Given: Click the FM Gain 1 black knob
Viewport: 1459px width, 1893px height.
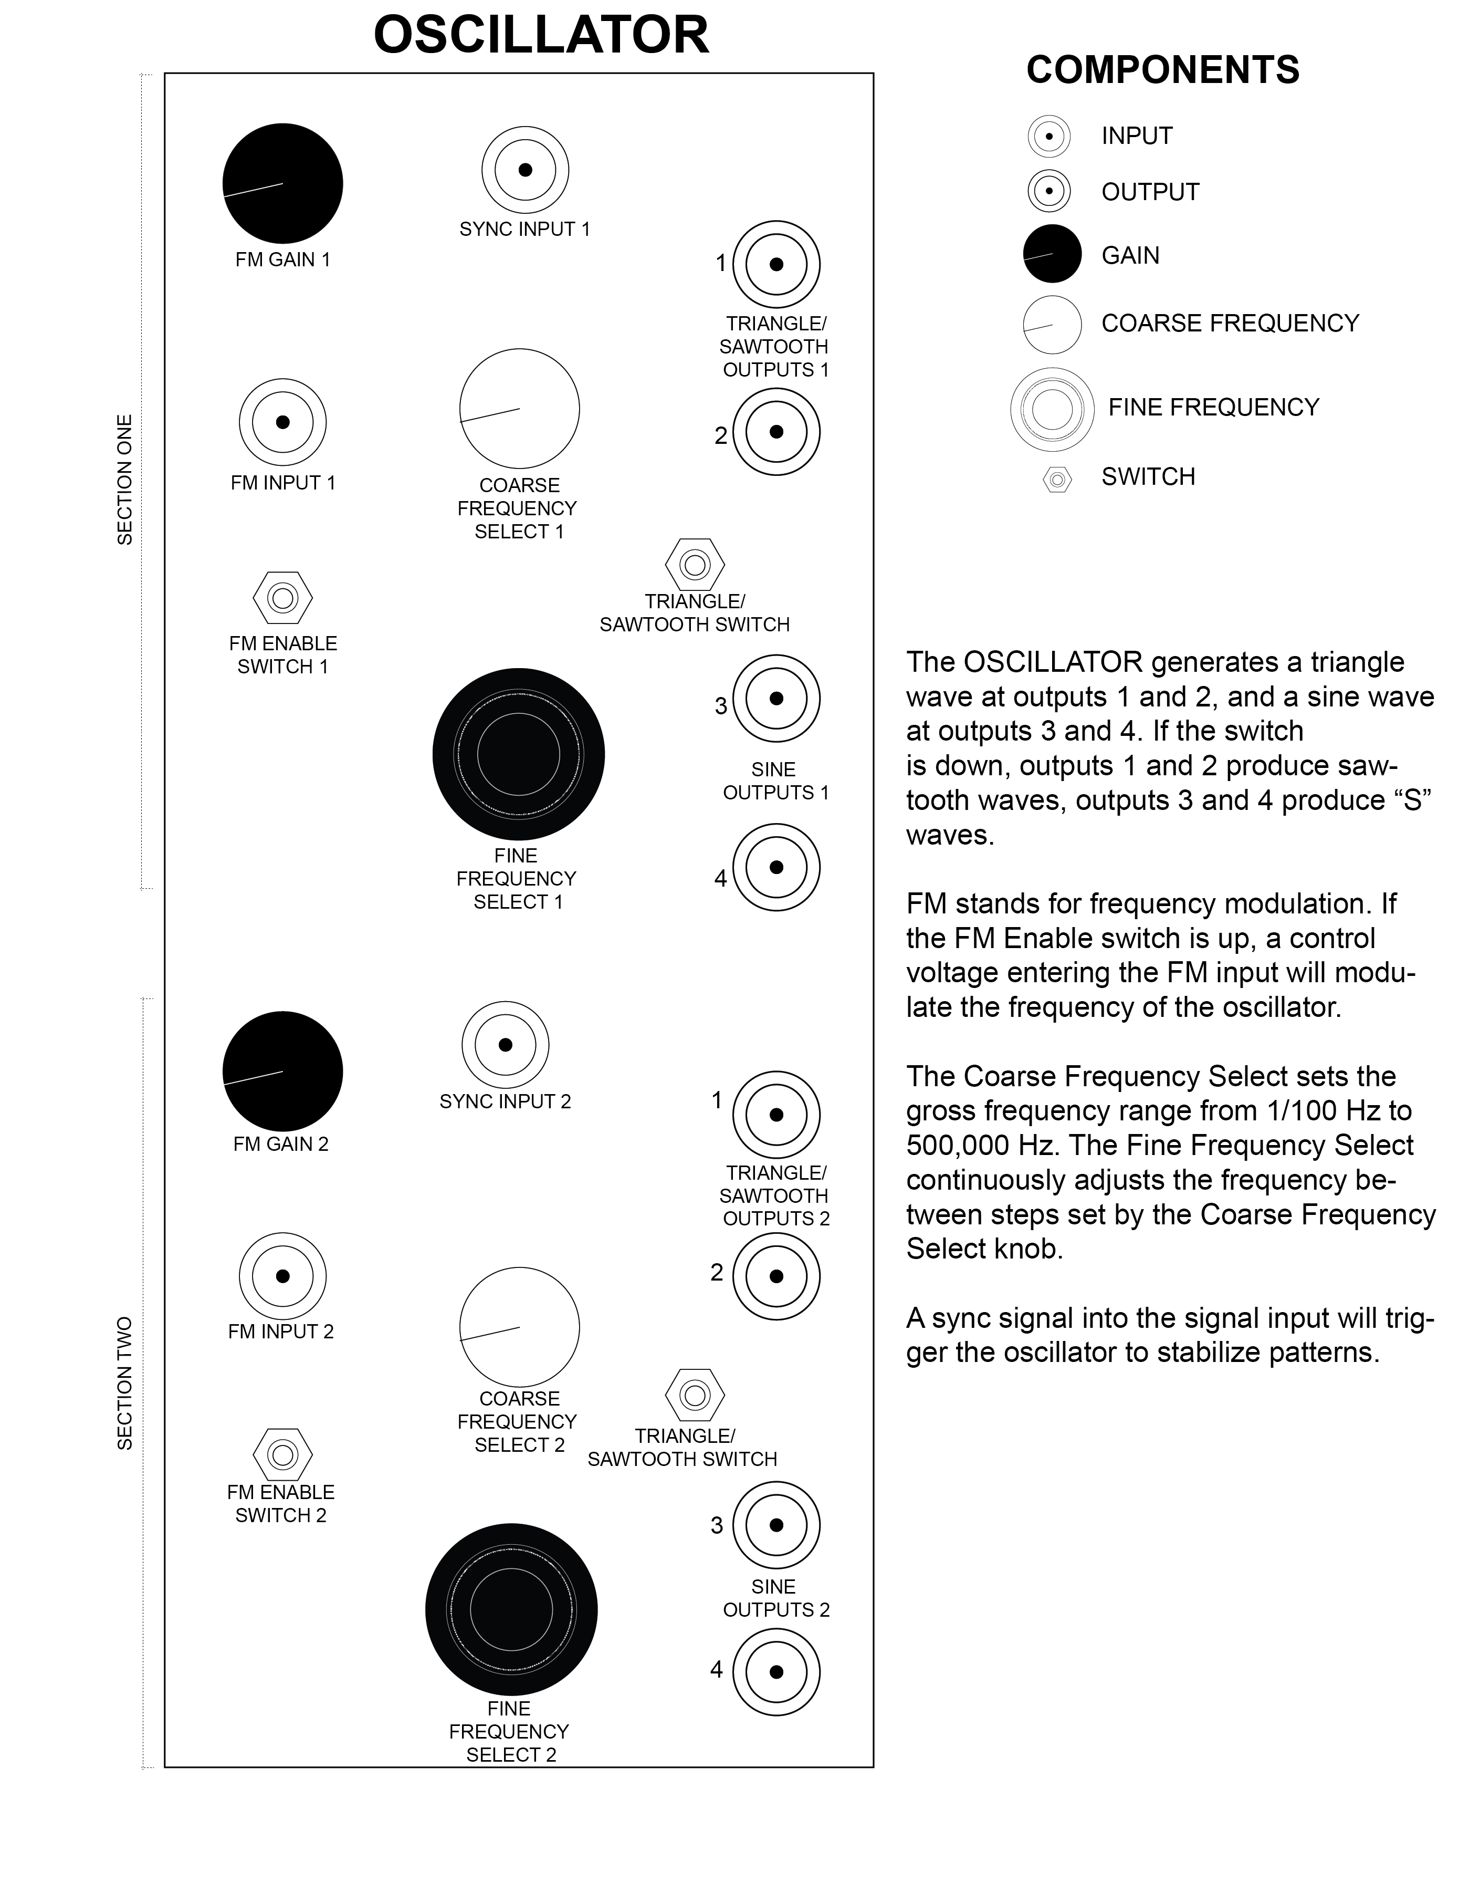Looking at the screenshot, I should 282,184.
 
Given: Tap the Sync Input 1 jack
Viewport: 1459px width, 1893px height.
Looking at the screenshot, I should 525,170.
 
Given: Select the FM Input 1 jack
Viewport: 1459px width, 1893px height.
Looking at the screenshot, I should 282,422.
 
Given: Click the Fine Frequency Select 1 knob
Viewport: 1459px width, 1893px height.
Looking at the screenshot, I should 518,754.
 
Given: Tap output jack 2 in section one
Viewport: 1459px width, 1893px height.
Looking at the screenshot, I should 776,432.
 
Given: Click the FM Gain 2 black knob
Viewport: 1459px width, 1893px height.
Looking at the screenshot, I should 282,1072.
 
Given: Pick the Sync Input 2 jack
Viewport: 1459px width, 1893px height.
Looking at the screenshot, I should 505,1044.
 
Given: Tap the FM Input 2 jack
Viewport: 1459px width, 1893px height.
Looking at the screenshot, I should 282,1276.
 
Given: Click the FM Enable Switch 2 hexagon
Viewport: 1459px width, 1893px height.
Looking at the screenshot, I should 282,1453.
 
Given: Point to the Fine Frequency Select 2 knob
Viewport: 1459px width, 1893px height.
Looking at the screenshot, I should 511,1609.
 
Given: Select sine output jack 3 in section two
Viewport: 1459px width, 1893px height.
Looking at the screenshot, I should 776,1525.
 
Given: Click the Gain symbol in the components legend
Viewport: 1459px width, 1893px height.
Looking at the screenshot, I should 1052,254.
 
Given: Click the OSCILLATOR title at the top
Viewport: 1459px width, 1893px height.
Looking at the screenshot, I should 541,36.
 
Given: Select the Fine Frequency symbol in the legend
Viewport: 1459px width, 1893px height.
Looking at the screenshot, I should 1052,409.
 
